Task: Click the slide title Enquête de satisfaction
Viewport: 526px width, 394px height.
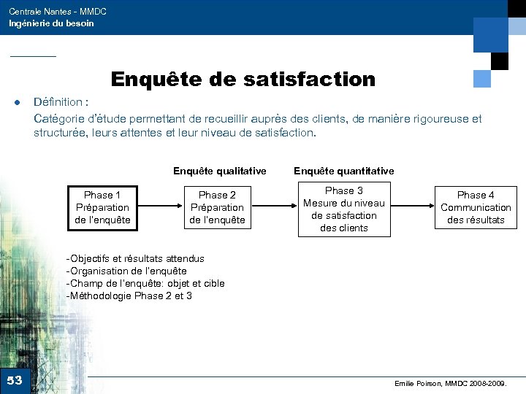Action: [243, 79]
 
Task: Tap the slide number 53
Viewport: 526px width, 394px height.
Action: [15, 380]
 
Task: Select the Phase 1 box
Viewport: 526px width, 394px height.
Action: [102, 207]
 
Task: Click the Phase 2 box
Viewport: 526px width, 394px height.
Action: [217, 207]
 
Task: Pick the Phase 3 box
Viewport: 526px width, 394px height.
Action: [343, 209]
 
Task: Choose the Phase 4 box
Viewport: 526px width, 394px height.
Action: [476, 207]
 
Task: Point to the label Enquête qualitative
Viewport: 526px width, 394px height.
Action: [219, 171]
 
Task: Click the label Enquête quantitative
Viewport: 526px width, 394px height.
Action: [343, 171]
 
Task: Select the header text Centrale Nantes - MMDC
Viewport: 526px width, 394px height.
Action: [57, 12]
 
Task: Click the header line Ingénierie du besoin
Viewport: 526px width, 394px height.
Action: [51, 23]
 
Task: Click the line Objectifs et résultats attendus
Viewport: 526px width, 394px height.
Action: [136, 258]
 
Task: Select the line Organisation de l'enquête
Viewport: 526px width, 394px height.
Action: [126, 271]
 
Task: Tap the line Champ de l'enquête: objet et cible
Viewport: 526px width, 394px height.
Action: [145, 283]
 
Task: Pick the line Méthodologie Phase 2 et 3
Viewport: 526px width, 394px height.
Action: [129, 295]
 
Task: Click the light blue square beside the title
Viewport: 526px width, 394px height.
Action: [482, 78]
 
